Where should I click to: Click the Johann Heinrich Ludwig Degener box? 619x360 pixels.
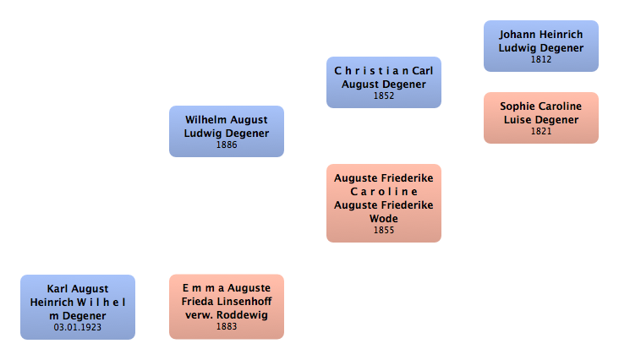(540, 46)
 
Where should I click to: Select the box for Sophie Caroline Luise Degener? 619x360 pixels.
(540, 117)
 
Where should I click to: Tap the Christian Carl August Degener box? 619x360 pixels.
(383, 82)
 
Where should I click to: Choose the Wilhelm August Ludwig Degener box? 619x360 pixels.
(226, 131)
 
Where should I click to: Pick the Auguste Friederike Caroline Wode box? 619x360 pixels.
(383, 203)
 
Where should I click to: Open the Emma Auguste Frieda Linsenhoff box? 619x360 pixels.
(226, 306)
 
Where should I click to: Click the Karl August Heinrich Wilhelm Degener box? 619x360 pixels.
(77, 306)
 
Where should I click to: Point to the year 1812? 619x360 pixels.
(541, 59)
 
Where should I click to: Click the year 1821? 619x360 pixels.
(541, 131)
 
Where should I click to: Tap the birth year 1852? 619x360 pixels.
(384, 95)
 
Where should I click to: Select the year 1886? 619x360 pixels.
(227, 145)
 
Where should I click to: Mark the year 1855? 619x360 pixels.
(384, 230)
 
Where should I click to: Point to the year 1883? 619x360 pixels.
(227, 326)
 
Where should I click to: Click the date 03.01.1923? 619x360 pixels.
(78, 326)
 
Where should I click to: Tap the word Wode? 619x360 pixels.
(384, 219)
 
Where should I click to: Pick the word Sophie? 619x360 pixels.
(517, 106)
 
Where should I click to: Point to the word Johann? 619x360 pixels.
(518, 35)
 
